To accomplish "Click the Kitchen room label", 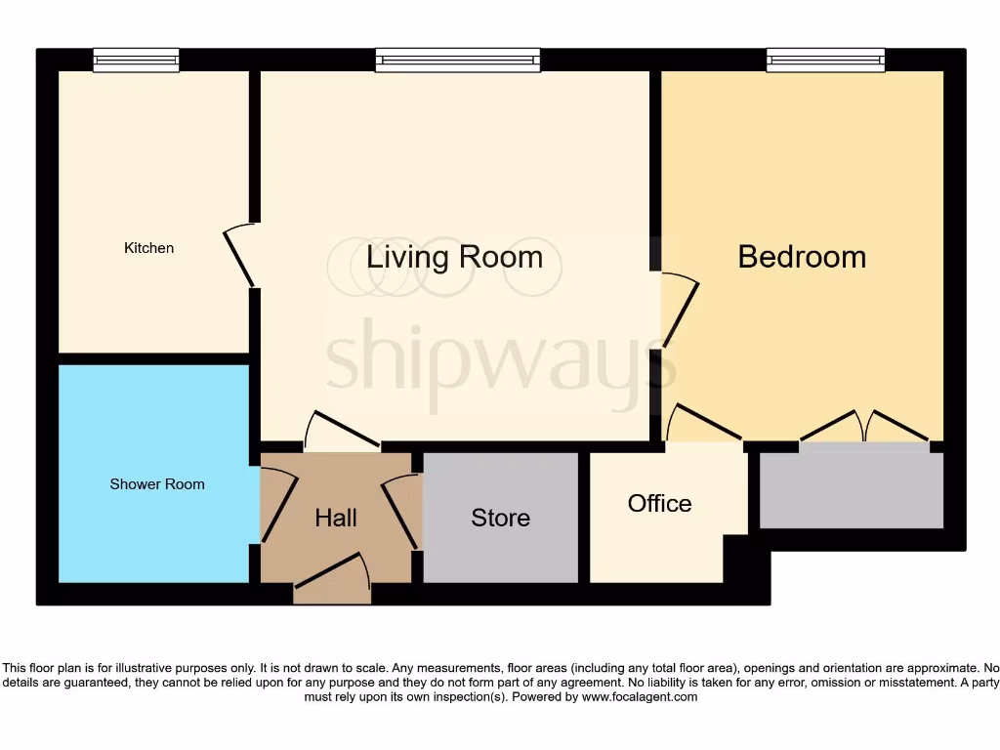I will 148,248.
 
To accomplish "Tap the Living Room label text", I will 454,257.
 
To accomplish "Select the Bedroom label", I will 802,257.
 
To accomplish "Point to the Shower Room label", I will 157,484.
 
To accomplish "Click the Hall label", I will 335,518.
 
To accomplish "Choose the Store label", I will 500,518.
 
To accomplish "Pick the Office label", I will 659,503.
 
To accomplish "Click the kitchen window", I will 137,62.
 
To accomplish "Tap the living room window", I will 457,62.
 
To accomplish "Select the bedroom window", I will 825,62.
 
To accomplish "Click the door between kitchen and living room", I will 239,256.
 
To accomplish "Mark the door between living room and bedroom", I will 681,311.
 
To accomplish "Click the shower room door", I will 278,504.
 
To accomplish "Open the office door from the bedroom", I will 703,424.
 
